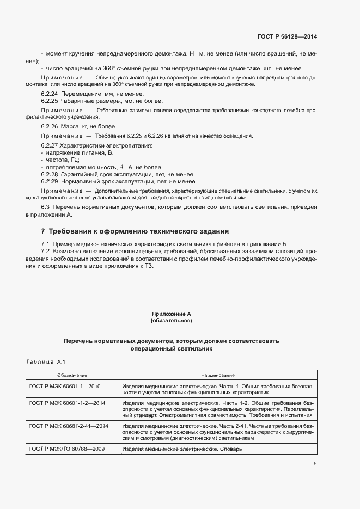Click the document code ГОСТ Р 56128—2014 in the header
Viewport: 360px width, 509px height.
coord(286,36)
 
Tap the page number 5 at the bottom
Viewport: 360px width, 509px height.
coord(315,463)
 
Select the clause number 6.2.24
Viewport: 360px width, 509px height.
coord(50,94)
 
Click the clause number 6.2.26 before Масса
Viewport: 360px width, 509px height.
coord(50,126)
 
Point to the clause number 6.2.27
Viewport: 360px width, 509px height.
coord(50,146)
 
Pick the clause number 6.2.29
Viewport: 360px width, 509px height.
coord(50,181)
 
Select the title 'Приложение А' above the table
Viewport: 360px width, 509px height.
coord(171,314)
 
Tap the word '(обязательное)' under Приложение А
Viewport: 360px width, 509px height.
coord(171,321)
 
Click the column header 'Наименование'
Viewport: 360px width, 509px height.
coord(217,375)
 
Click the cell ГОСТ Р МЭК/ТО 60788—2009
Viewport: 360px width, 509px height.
coord(67,449)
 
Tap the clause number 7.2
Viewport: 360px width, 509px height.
coord(46,251)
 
